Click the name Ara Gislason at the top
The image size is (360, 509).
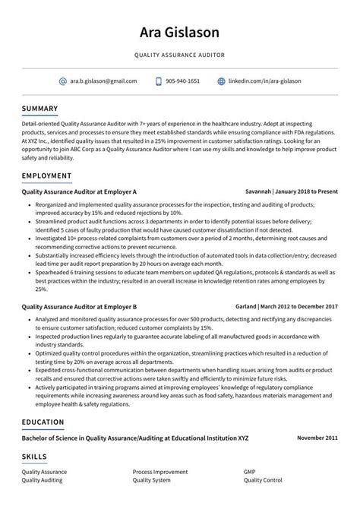180,32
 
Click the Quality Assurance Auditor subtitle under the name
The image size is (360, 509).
180,55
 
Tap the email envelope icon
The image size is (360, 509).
62,81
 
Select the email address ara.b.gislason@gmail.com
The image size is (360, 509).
103,81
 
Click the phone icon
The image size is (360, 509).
159,81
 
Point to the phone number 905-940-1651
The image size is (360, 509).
183,81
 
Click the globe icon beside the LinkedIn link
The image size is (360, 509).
222,81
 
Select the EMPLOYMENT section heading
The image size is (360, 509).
46,175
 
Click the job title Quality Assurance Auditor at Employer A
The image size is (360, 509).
79,192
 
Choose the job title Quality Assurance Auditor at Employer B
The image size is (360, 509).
79,306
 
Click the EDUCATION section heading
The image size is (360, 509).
43,422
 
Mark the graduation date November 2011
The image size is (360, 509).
317,438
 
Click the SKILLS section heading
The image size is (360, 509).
34,457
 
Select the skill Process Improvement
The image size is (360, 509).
160,472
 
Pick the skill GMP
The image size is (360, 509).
250,472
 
